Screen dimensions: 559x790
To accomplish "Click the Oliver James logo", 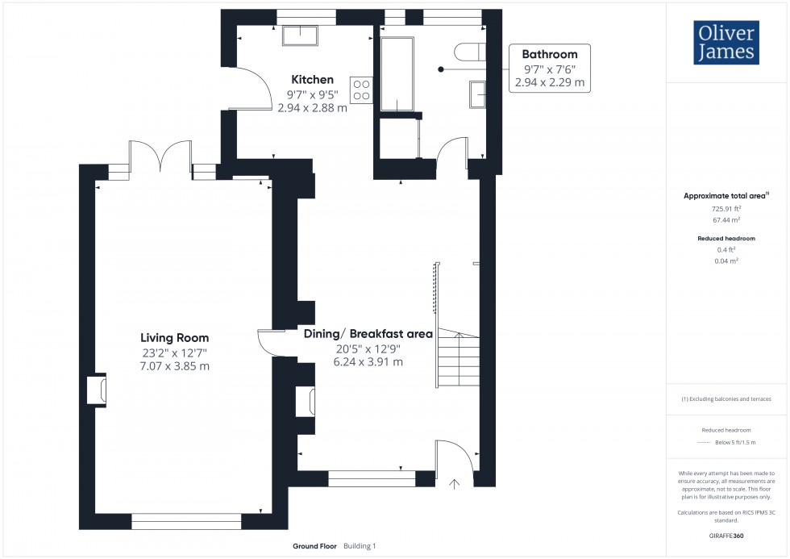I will tap(726, 43).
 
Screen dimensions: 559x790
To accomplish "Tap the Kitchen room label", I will tap(312, 80).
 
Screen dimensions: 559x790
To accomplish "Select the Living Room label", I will tap(174, 338).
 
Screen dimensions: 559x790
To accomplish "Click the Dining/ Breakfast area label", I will tap(368, 334).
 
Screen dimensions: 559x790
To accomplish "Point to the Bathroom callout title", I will tap(550, 54).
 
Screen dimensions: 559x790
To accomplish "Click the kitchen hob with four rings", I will tap(362, 90).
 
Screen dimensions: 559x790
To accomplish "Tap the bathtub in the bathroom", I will tap(397, 74).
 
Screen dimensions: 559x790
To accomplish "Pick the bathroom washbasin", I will tap(477, 94).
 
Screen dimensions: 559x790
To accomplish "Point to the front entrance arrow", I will tap(454, 484).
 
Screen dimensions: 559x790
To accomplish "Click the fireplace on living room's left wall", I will tap(96, 390).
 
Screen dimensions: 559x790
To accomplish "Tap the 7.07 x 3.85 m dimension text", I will tap(174, 366).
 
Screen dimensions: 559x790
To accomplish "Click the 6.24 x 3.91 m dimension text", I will tap(368, 362).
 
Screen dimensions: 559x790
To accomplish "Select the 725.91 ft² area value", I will tap(727, 209).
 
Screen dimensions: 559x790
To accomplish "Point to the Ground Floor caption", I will tap(314, 546).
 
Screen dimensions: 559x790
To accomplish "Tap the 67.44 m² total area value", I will tap(727, 219).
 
